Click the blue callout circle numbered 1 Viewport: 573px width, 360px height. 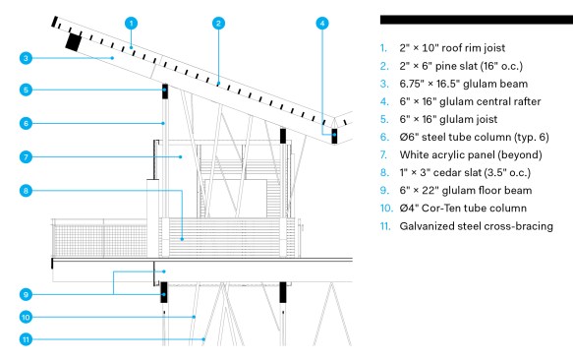131,24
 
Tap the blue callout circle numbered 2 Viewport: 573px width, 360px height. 218,24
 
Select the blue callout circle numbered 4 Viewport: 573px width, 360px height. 322,24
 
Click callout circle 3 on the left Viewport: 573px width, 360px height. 26,58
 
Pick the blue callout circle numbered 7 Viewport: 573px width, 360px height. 26,157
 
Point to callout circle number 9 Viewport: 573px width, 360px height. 26,294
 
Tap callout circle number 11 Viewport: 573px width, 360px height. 26,339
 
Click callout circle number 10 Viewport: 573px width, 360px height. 26,317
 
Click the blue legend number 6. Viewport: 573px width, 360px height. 384,137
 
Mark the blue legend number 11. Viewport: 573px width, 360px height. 385,226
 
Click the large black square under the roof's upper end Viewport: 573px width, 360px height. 74,41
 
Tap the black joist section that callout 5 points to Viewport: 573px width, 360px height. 165,91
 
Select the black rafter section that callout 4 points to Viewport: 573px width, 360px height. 334,136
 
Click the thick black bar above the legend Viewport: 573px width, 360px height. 477,20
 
